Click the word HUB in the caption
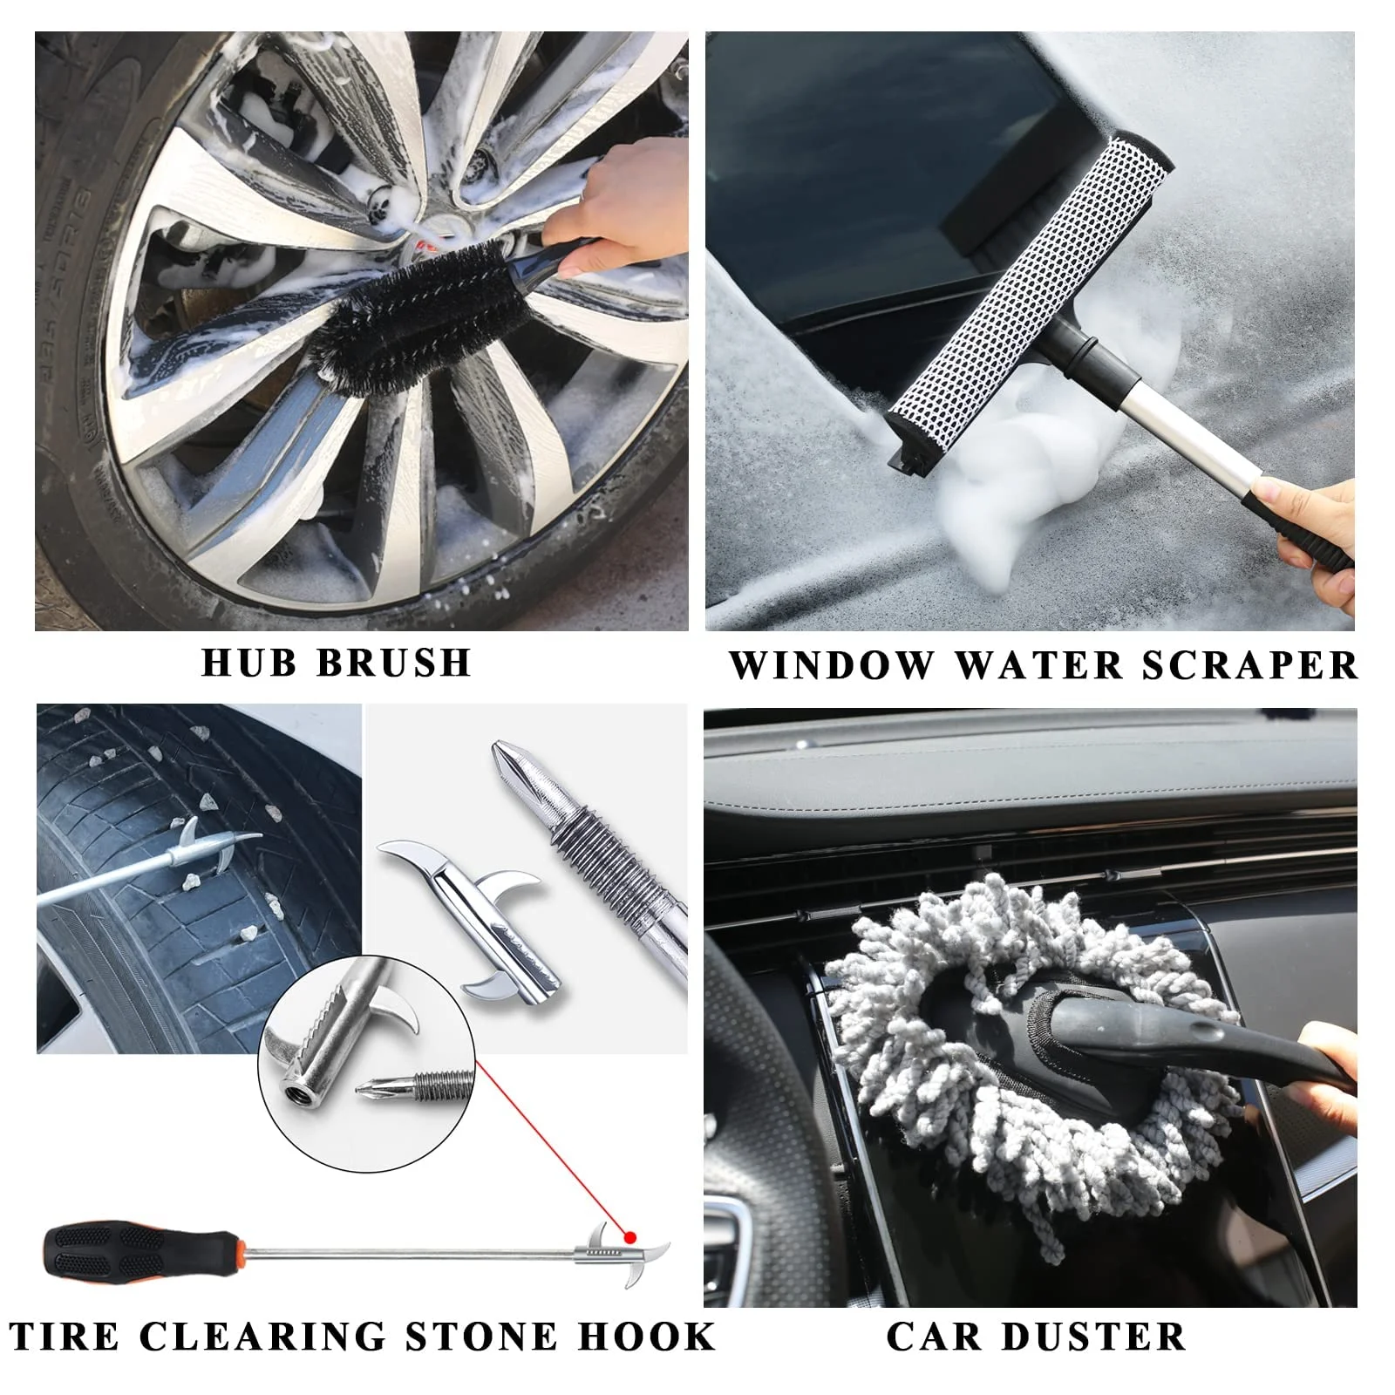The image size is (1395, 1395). [x=249, y=663]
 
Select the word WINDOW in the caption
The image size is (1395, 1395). [x=830, y=666]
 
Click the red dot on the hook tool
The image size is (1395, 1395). [x=629, y=1236]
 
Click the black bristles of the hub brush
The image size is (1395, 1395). [x=410, y=301]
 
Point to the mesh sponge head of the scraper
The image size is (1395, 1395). [x=1029, y=288]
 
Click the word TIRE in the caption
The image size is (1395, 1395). [x=65, y=1337]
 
